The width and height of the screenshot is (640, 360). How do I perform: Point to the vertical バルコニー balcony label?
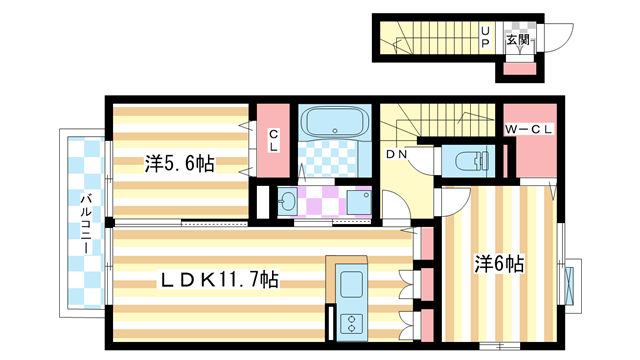(x=86, y=220)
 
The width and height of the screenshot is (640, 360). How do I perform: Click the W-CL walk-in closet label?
(x=528, y=128)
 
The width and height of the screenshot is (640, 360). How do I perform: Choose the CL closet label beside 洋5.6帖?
(x=273, y=140)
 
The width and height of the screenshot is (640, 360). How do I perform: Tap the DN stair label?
(x=397, y=155)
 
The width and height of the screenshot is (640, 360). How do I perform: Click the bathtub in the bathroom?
(x=336, y=124)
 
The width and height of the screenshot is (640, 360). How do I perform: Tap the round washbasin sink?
(x=288, y=201)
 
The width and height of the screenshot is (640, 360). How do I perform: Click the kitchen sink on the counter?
(x=352, y=284)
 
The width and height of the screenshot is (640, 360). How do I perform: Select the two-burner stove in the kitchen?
(x=352, y=323)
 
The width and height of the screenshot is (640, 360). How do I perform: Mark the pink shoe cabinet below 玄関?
(x=517, y=69)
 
